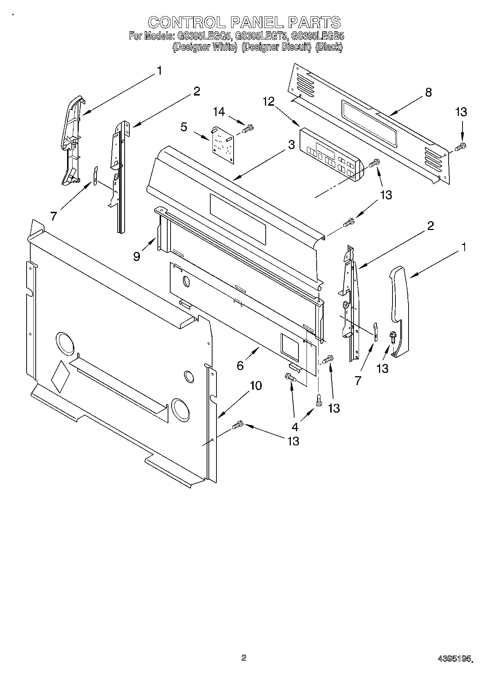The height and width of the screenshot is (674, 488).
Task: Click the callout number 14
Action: coord(219,112)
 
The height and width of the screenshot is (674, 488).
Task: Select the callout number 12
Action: coord(269,102)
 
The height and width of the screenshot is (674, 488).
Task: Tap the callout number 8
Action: coord(429,92)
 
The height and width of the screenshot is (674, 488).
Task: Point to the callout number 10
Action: coord(256,385)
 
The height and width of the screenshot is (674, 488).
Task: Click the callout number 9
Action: coord(137,257)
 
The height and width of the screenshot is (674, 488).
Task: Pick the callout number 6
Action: coord(240,365)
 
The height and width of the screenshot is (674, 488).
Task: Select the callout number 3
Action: coord(291,145)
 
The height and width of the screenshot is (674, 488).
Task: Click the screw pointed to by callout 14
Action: coord(248,129)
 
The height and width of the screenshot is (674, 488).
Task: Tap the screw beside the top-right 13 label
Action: coord(461,147)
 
